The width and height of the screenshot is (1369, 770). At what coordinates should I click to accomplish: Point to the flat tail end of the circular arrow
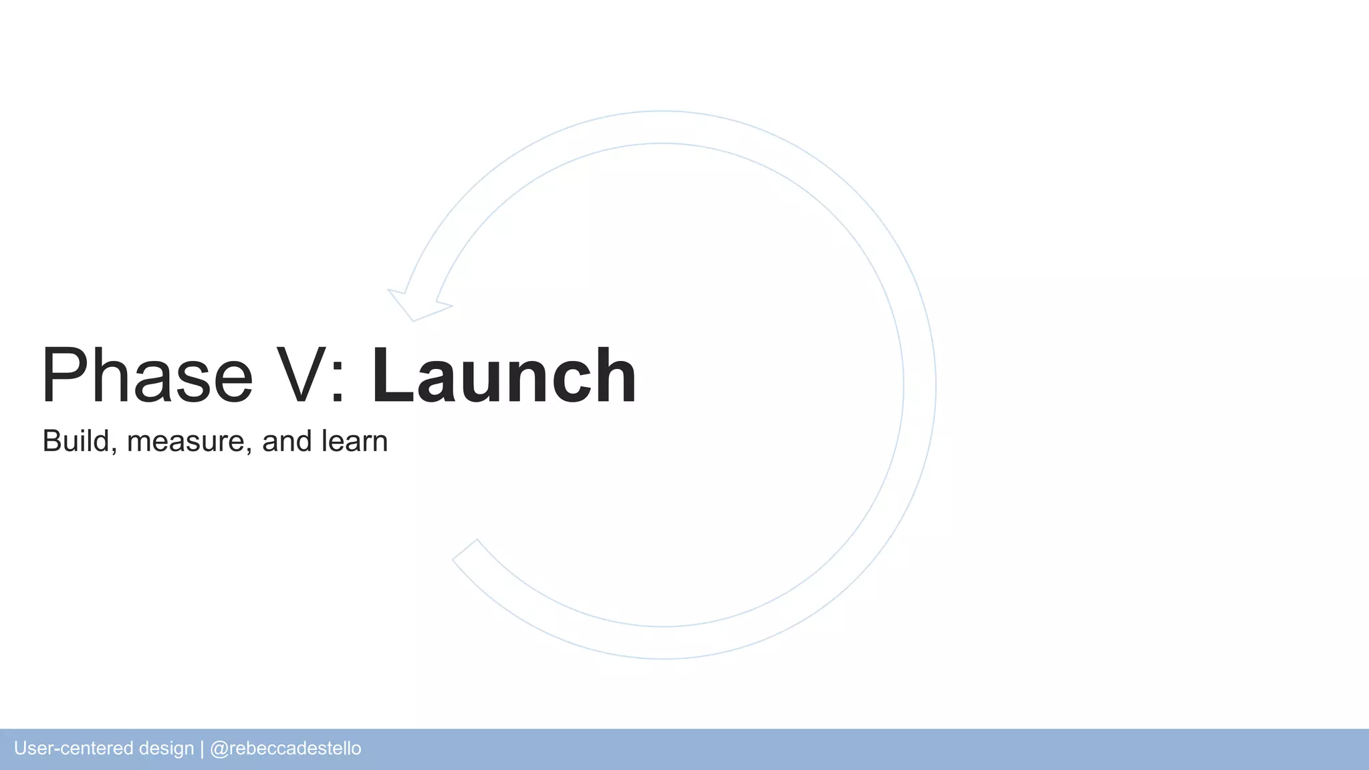[x=465, y=550]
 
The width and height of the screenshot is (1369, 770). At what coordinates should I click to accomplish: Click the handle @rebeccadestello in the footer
[x=285, y=749]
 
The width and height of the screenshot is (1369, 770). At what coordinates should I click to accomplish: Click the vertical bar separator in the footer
[x=202, y=749]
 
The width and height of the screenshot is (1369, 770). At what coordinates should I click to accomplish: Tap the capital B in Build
[x=52, y=441]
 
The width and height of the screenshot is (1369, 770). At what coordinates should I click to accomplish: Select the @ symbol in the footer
[x=219, y=749]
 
